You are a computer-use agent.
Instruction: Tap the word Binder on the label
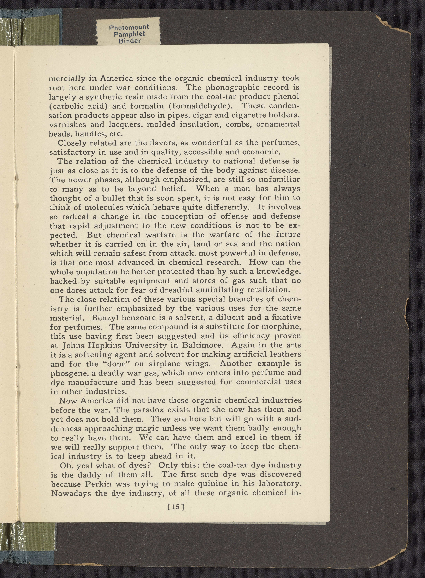130,41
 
